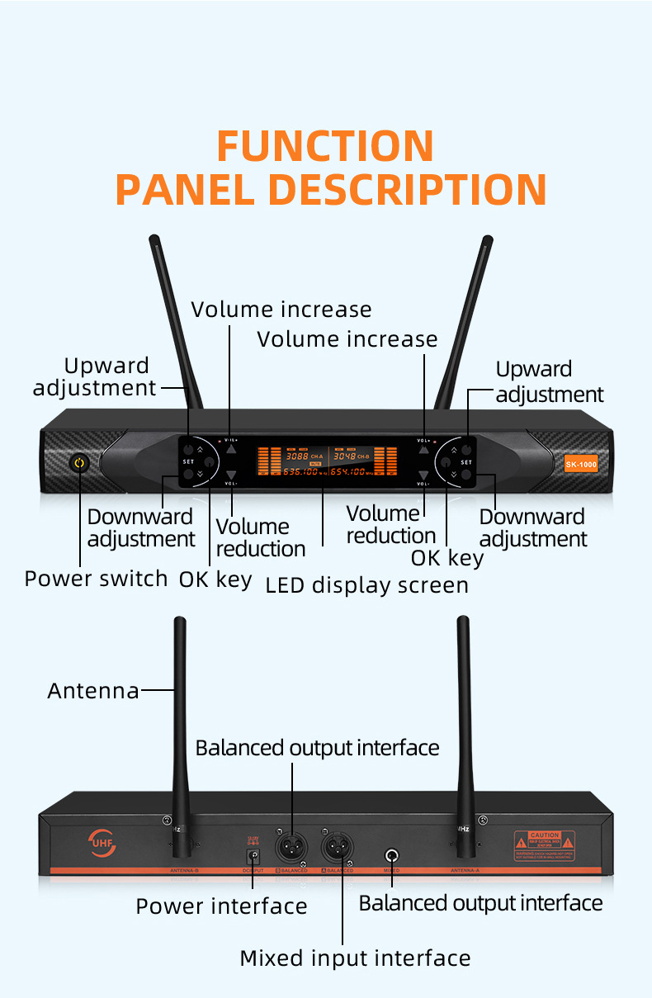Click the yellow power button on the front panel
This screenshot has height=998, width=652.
(79, 463)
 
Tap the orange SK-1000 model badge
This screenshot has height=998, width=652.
(581, 464)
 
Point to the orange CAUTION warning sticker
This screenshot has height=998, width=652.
(544, 842)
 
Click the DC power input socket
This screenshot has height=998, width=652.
(254, 856)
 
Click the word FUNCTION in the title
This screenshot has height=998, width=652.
(325, 146)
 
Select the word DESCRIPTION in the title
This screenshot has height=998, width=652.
(407, 189)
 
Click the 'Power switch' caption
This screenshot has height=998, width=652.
(96, 579)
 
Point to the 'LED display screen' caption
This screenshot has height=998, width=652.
(366, 585)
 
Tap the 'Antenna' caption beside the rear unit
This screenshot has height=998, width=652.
(93, 690)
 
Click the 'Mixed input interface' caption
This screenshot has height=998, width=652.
(355, 958)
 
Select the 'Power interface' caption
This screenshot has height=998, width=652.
(221, 906)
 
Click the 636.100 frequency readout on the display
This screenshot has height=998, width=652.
(301, 471)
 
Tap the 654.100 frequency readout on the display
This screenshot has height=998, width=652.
(360, 471)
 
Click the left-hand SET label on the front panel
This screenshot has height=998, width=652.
(188, 461)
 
